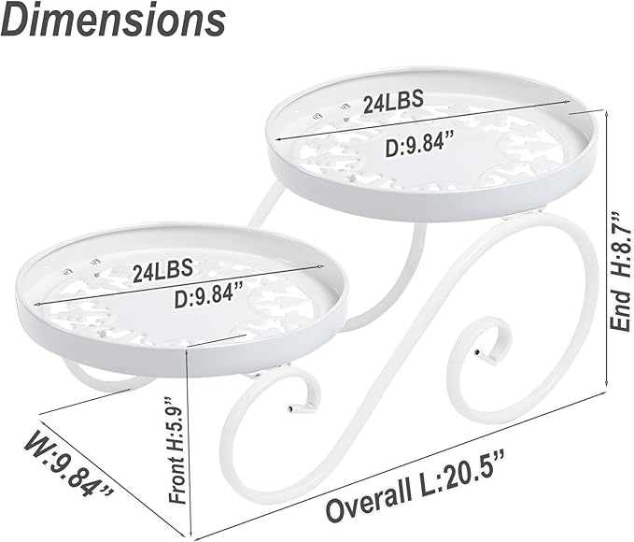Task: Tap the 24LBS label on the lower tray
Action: [x=162, y=272]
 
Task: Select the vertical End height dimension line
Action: [x=607, y=252]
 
